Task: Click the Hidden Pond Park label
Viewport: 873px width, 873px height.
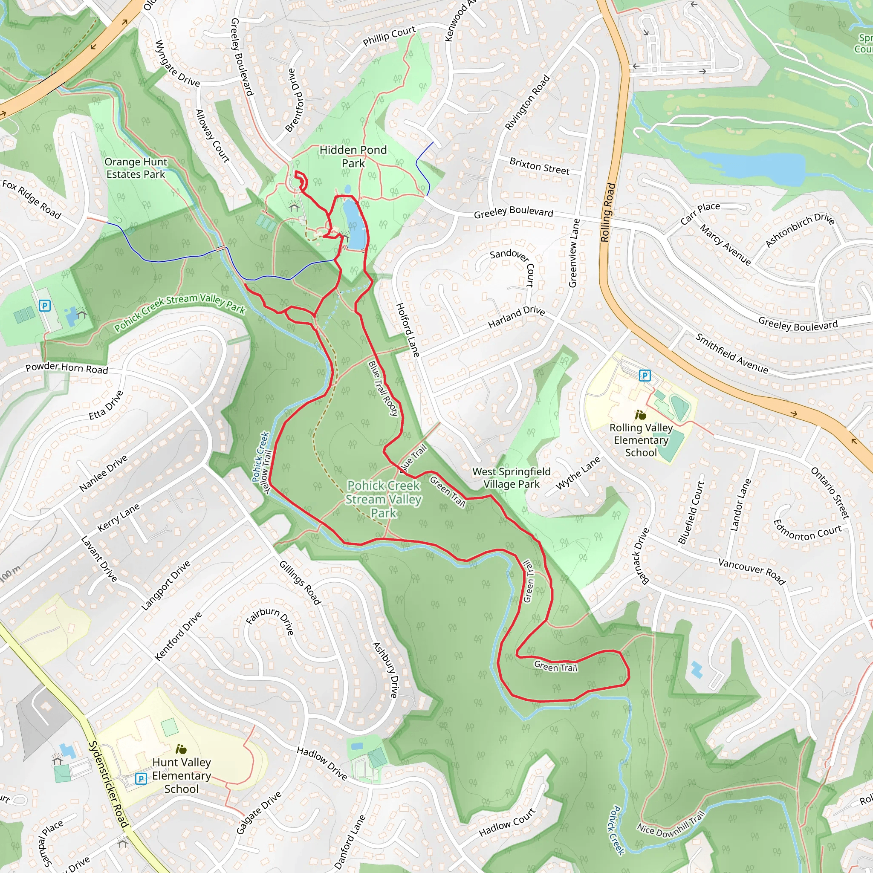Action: point(353,156)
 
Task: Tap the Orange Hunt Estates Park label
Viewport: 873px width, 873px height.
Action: point(136,168)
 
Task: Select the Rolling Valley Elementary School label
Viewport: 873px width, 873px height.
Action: point(641,439)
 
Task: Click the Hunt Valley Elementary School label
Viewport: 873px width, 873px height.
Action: point(181,775)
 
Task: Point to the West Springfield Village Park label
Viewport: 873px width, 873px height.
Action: point(511,477)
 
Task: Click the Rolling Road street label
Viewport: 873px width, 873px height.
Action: point(608,212)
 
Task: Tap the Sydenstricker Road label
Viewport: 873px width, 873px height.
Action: point(108,784)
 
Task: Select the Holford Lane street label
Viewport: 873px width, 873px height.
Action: point(408,330)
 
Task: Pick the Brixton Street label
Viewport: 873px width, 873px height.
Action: point(539,166)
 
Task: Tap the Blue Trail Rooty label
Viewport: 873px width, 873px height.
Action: point(383,388)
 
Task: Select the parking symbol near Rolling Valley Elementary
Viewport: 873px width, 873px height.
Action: point(645,376)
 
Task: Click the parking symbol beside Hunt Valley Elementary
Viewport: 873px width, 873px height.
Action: point(141,778)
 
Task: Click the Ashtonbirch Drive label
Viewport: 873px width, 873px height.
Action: point(799,230)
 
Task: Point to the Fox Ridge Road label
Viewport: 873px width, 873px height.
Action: point(32,199)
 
